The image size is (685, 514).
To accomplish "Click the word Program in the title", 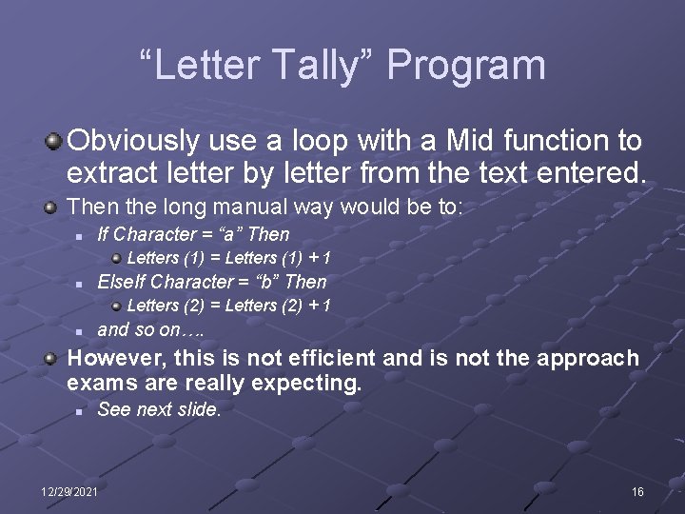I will [x=466, y=66].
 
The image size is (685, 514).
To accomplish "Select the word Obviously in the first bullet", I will [x=134, y=141].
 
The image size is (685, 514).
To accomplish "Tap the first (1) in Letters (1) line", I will [x=196, y=258].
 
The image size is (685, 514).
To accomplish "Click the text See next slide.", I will [x=159, y=410].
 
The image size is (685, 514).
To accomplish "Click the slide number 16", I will [x=637, y=491].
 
